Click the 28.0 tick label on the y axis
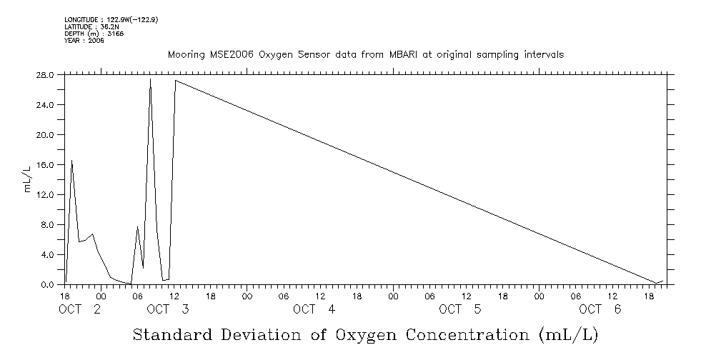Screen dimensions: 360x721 45,74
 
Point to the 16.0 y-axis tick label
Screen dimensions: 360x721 45,164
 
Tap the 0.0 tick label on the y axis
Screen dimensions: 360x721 48,285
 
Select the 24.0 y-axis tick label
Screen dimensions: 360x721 45,105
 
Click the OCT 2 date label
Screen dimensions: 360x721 79,309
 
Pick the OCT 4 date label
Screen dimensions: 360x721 314,309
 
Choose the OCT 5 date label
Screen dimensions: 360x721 460,309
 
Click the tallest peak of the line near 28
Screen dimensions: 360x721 150,79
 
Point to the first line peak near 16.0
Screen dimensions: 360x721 71,161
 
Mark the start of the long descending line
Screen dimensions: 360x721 175,81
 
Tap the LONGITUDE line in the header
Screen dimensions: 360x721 111,20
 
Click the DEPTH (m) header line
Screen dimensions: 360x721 84,34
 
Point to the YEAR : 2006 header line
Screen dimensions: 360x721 84,41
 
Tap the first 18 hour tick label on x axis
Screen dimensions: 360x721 65,295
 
